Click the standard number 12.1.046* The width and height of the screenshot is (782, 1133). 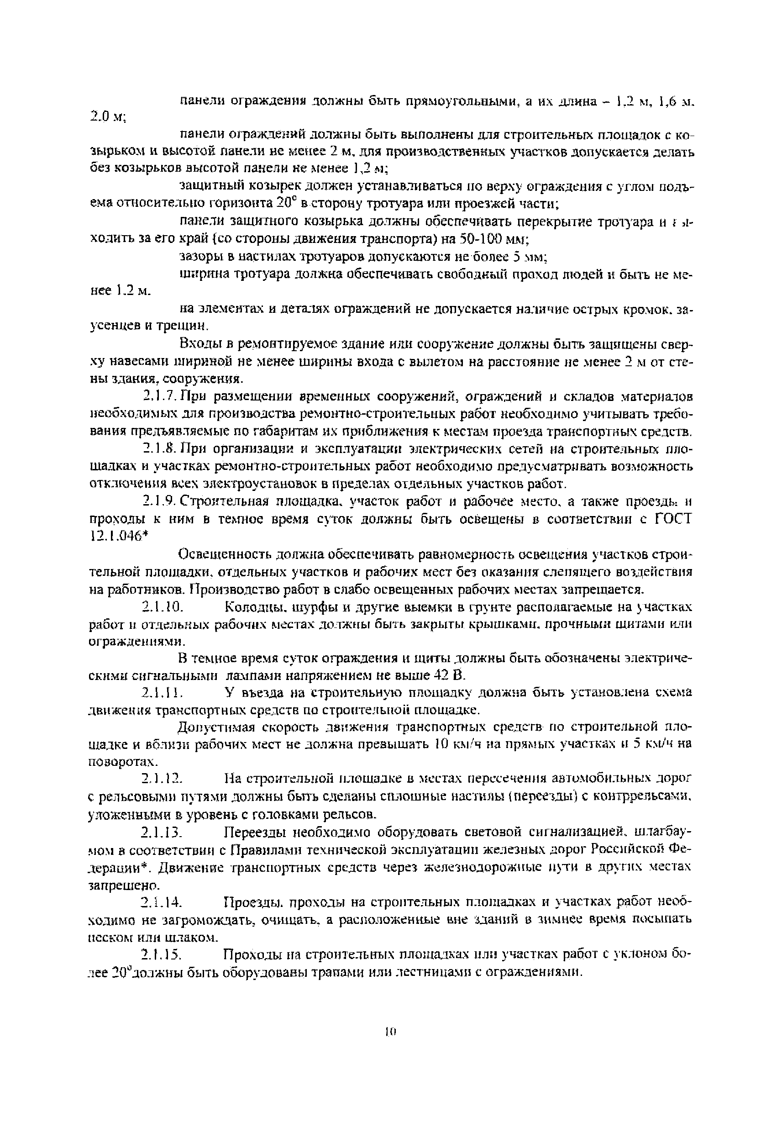coord(120,536)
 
